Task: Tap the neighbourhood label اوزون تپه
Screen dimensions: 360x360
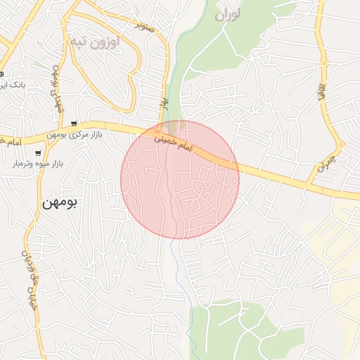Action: click(95, 41)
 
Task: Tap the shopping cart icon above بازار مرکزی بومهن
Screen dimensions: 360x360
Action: click(74, 123)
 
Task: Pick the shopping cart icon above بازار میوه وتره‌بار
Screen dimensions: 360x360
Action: click(38, 153)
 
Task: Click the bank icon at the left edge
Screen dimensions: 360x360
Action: click(2, 74)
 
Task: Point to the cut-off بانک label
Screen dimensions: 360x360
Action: click(13, 84)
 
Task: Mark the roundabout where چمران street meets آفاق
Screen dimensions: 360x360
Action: click(341, 146)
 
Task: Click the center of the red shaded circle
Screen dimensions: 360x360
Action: click(180, 180)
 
